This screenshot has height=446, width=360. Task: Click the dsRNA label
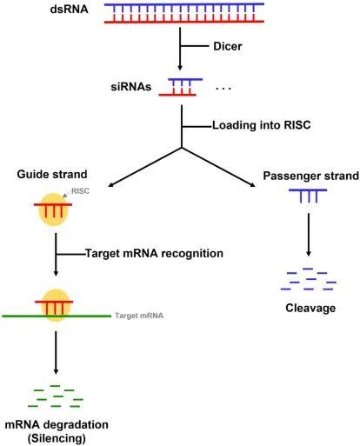point(69,10)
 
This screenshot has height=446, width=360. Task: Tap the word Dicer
point(228,46)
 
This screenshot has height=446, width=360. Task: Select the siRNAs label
point(131,87)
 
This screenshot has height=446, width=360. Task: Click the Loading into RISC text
point(262,125)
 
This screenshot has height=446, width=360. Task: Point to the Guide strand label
point(52,174)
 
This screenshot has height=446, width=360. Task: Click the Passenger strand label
point(311,176)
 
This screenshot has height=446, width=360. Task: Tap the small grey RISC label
point(80,191)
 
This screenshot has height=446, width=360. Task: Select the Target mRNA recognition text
point(154,253)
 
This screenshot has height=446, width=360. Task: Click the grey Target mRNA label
point(139,316)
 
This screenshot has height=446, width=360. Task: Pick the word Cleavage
point(310,308)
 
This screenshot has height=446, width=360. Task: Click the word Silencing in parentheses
point(57,438)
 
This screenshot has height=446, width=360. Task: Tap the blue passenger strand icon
point(308,196)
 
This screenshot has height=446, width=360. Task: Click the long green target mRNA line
point(57,316)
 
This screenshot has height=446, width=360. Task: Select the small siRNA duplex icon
point(181,87)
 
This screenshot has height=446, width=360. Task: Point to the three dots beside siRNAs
point(223,88)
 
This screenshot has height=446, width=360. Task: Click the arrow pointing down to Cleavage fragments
point(309,235)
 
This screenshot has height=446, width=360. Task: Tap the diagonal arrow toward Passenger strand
point(218,167)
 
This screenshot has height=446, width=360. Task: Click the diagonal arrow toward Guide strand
point(144,167)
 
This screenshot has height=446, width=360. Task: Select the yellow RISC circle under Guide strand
point(53,210)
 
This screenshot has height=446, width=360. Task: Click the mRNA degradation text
point(57,424)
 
